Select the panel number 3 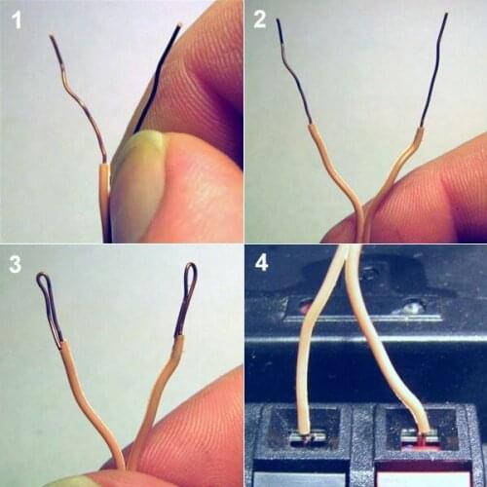(x=15, y=264)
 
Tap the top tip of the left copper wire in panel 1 (x=52, y=38)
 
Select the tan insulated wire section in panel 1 (x=103, y=200)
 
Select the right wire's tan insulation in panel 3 (x=162, y=390)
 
